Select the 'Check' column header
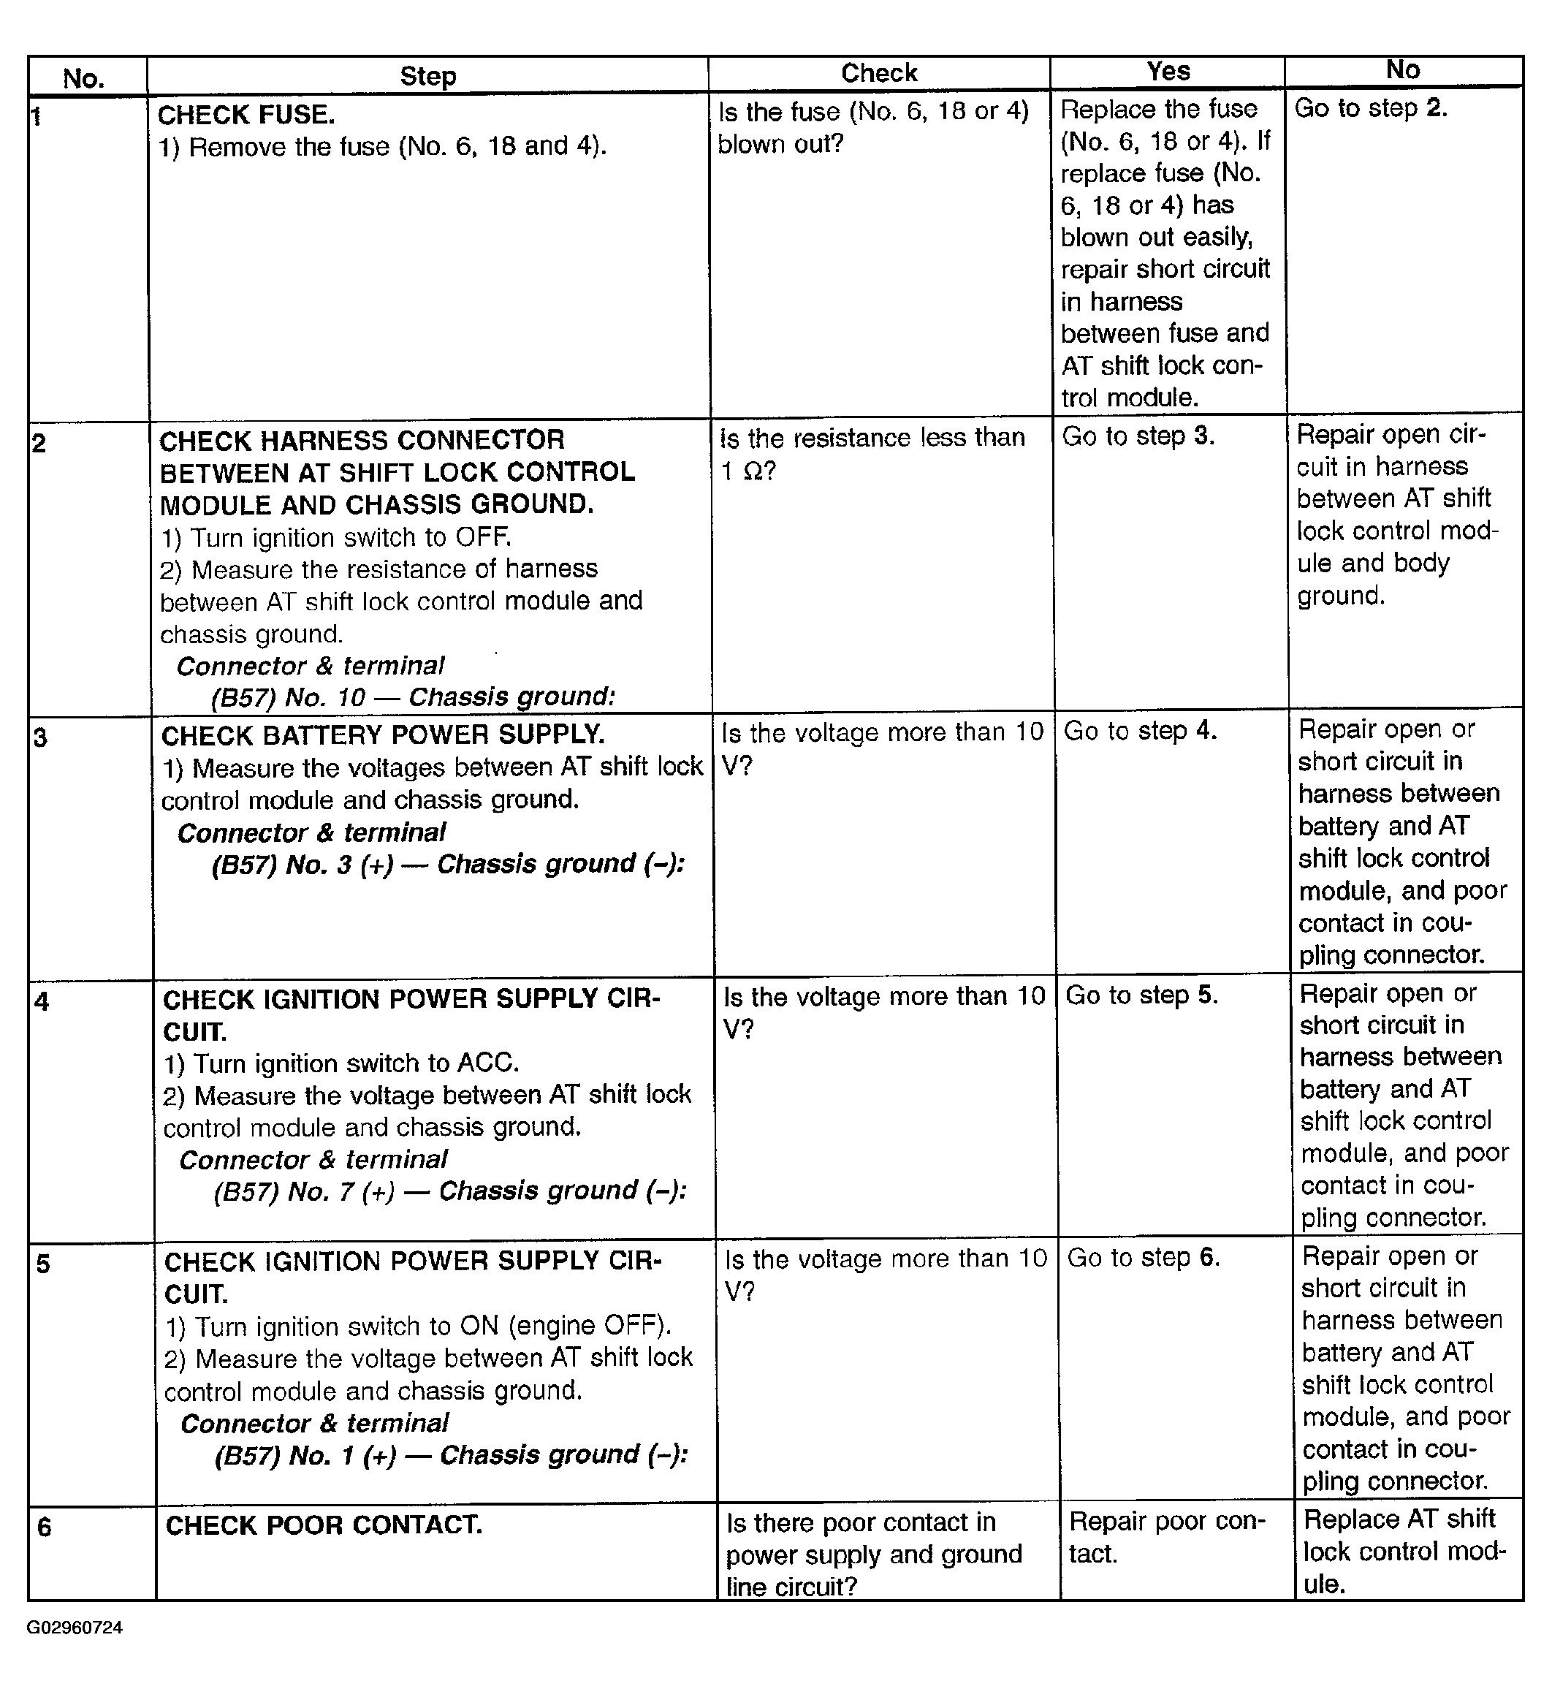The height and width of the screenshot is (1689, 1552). [x=878, y=73]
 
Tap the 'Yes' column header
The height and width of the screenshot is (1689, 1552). [x=1168, y=72]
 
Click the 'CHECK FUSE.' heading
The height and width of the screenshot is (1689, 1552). [x=246, y=114]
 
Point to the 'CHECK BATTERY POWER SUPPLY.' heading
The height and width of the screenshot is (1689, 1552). [x=382, y=735]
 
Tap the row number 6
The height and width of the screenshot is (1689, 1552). [x=44, y=1527]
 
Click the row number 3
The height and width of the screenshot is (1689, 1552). [x=40, y=738]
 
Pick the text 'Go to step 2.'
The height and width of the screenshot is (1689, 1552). [x=1371, y=107]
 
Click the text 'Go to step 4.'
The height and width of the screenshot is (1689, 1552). [x=1140, y=731]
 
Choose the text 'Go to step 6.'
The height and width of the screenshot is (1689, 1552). [x=1143, y=1257]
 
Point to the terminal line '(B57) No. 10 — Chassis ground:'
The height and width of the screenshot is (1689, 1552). [x=413, y=697]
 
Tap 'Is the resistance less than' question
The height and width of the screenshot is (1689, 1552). [x=872, y=438]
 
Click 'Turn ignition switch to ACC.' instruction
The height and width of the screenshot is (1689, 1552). [x=341, y=1063]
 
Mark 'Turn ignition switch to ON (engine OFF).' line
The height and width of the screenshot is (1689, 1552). [x=418, y=1326]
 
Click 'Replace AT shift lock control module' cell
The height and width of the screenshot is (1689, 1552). [x=1404, y=1552]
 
